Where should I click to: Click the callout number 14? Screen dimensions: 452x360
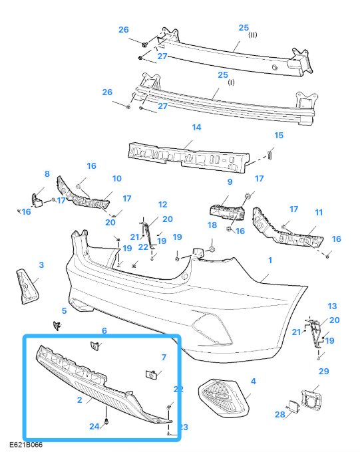tap(196, 127)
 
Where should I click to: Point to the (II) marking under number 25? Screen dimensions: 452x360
tap(253, 36)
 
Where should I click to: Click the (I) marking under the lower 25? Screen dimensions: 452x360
tap(232, 84)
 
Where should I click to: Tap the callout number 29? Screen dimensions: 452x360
tap(323, 371)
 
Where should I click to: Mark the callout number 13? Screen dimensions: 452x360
tap(333, 306)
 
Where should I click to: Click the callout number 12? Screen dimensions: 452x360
tap(162, 204)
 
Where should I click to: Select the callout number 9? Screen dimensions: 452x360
tap(230, 181)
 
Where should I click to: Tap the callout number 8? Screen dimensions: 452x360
tap(47, 174)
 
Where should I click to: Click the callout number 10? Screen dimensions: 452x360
tap(116, 178)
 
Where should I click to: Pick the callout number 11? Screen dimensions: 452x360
tap(318, 213)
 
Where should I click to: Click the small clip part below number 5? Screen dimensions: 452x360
tap(57, 325)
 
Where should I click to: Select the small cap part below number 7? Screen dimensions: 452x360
tap(151, 376)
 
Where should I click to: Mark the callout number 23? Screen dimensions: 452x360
tap(183, 427)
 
